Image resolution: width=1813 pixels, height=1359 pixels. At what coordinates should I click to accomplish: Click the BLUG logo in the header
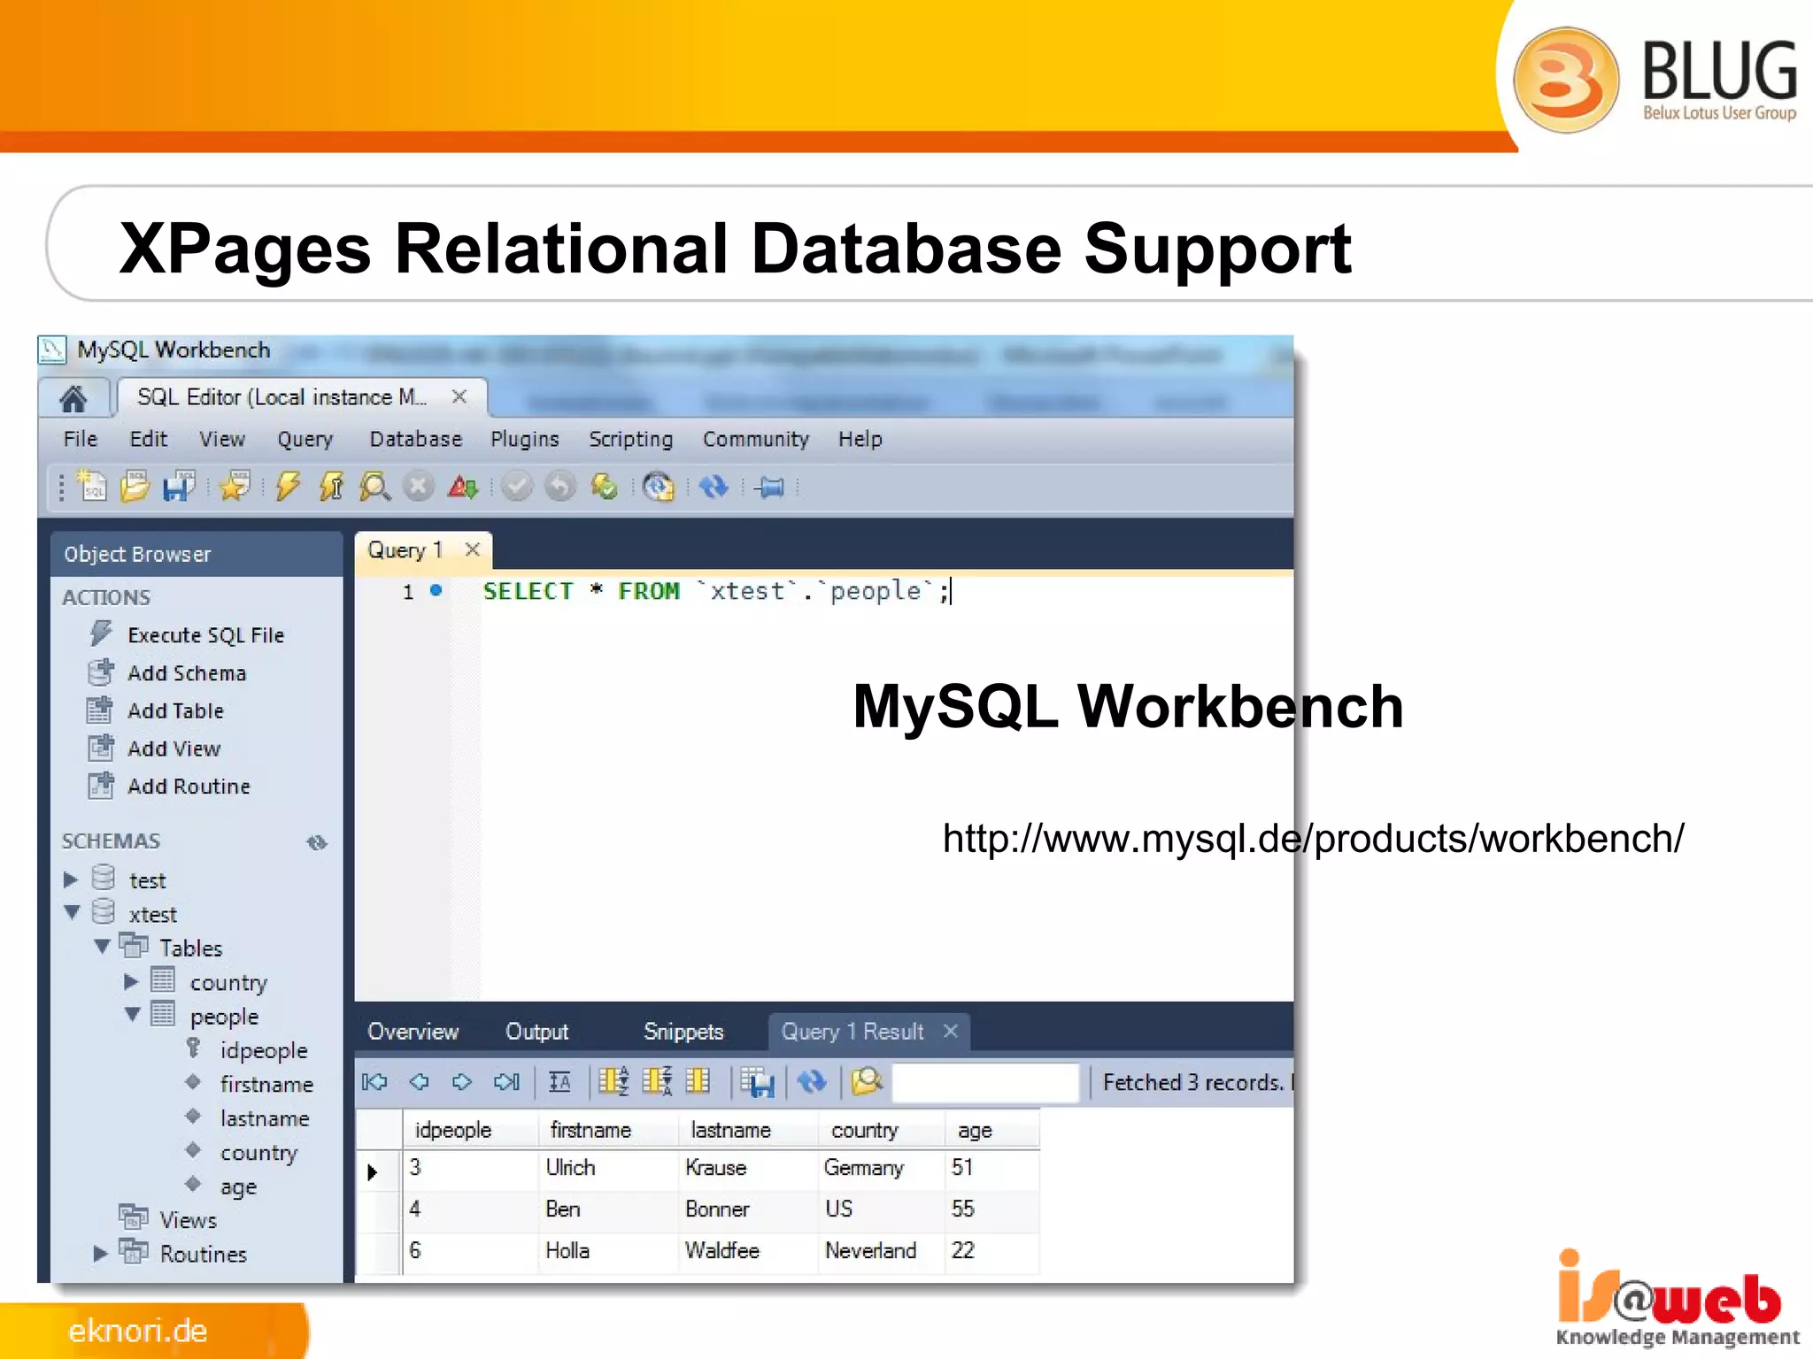click(1654, 80)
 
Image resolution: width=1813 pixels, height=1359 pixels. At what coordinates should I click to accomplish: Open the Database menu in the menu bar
click(415, 439)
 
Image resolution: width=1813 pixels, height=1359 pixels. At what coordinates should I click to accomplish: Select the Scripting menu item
click(630, 439)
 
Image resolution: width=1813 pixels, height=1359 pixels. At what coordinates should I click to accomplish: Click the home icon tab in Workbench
click(73, 399)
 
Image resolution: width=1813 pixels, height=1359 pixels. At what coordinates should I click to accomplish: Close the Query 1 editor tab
click(473, 549)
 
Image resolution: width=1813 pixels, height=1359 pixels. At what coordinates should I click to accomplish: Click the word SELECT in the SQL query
click(528, 591)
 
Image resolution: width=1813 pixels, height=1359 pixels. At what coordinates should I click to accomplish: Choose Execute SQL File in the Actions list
click(205, 635)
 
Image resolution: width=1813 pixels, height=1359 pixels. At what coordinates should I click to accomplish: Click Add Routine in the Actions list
click(189, 787)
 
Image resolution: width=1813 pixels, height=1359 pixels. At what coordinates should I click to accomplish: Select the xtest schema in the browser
click(152, 914)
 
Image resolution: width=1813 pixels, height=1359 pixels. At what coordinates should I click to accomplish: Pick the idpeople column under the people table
click(263, 1050)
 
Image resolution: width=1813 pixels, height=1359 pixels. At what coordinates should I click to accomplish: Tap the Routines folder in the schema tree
click(203, 1254)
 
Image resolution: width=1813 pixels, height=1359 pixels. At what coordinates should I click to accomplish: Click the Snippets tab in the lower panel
click(683, 1032)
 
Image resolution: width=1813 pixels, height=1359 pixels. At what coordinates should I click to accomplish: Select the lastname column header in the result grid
click(730, 1130)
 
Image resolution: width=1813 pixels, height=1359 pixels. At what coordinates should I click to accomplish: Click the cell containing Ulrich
click(570, 1168)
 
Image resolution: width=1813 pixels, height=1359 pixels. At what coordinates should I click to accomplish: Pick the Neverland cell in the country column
click(870, 1250)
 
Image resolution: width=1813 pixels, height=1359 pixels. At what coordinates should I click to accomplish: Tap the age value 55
click(962, 1209)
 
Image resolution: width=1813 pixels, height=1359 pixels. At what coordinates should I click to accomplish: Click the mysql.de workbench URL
click(1312, 838)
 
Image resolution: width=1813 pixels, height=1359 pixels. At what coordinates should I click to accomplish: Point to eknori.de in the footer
click(138, 1331)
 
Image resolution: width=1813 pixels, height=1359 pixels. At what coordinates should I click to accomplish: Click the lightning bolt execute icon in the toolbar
click(288, 487)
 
